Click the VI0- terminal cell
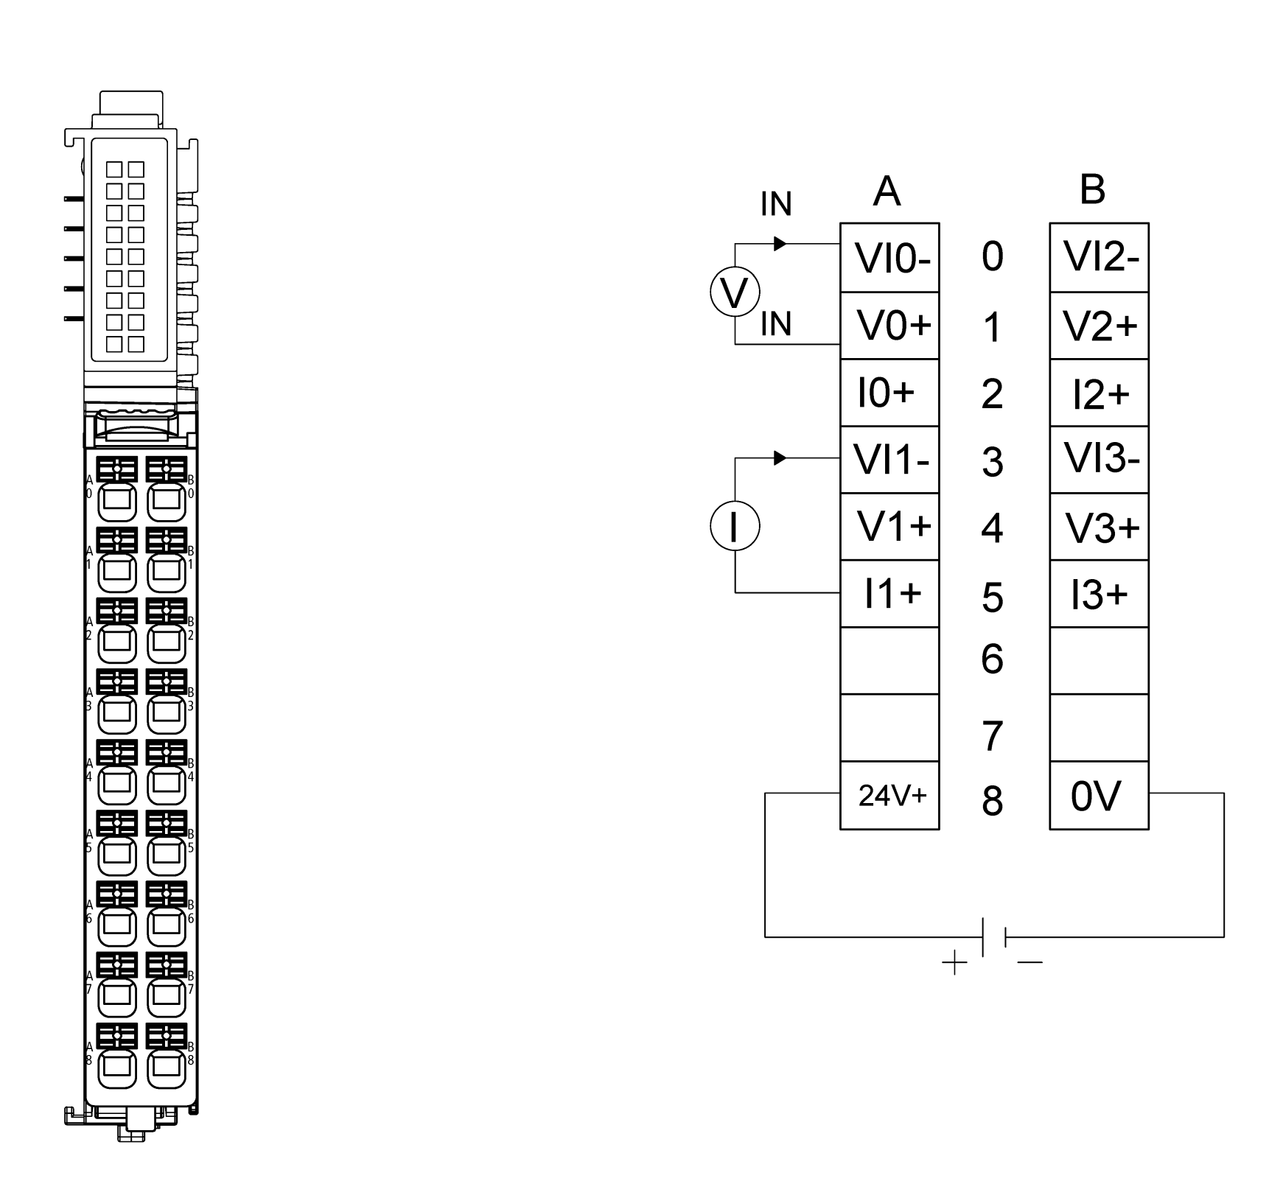pyautogui.click(x=889, y=258)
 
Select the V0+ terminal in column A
pyautogui.click(x=889, y=326)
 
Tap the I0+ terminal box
pyautogui.click(x=889, y=393)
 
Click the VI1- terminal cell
pyautogui.click(x=889, y=460)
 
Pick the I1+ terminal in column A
pyautogui.click(x=889, y=594)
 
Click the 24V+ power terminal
pyautogui.click(x=889, y=795)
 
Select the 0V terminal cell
pyautogui.click(x=1099, y=795)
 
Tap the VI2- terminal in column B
pyautogui.click(x=1099, y=258)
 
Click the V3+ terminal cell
pyautogui.click(x=1099, y=527)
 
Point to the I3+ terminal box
pyautogui.click(x=1099, y=594)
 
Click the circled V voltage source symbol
pyautogui.click(x=735, y=292)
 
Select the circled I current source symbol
pyautogui.click(x=735, y=526)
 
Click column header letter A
pyautogui.click(x=887, y=191)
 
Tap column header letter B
pyautogui.click(x=1092, y=189)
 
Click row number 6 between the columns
pyautogui.click(x=992, y=658)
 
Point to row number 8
pyautogui.click(x=992, y=800)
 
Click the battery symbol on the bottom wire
pyautogui.click(x=994, y=937)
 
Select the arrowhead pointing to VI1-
pyautogui.click(x=780, y=458)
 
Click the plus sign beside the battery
pyautogui.click(x=954, y=963)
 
